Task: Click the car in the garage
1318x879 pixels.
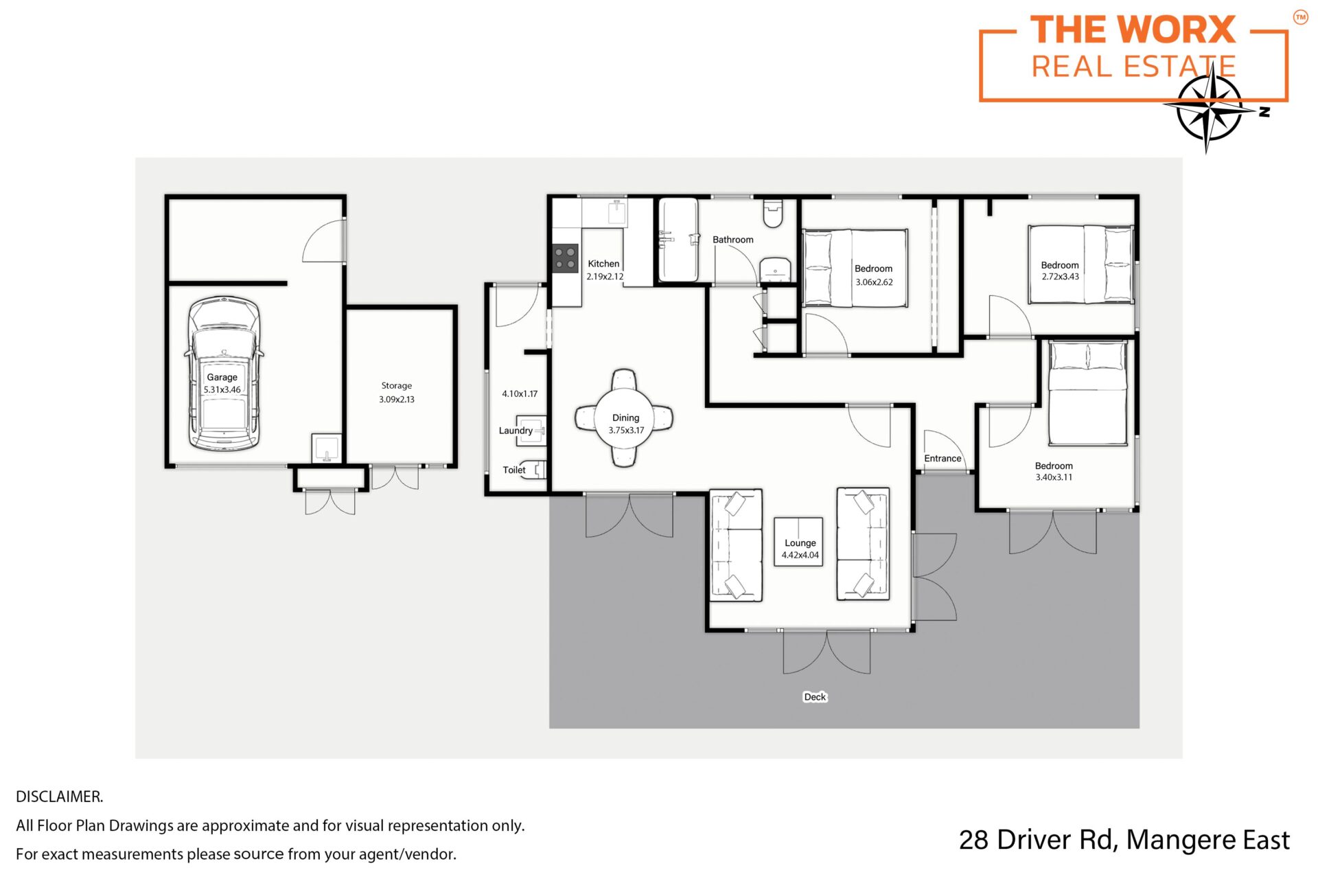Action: [224, 374]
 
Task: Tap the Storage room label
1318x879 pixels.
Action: [397, 386]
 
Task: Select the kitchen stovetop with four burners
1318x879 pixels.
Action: [566, 258]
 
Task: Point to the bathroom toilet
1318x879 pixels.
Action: [773, 214]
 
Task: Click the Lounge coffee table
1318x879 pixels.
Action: [798, 542]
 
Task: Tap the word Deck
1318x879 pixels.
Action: [815, 697]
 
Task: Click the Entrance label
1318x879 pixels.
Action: [943, 459]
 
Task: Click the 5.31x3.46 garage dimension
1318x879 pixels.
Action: [222, 390]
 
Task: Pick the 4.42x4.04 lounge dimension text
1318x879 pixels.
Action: [800, 556]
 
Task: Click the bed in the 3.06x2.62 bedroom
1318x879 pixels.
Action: [855, 269]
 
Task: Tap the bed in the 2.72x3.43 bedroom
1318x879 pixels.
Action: [1080, 264]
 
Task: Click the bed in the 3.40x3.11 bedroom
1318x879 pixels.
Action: [1087, 393]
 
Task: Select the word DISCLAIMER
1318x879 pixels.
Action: [60, 797]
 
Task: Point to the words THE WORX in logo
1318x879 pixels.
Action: [1133, 30]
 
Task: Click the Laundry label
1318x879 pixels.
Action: [516, 431]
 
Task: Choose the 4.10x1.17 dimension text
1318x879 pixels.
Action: [520, 394]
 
